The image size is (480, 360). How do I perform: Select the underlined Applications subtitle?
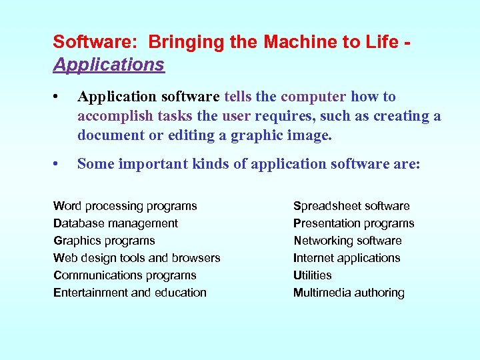109,65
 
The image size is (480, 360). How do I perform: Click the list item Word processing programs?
125,206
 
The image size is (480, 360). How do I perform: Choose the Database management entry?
115,223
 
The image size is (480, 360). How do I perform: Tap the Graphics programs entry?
104,241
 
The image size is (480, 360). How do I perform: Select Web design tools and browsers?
137,258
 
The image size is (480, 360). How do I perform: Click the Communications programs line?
125,275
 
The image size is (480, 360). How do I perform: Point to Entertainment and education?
130,293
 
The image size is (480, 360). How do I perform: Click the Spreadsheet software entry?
351,206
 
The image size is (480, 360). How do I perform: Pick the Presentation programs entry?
353,223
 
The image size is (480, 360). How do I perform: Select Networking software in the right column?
347,241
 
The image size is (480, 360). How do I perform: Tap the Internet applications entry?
347,258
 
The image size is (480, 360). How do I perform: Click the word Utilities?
312,275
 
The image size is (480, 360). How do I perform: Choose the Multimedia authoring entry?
349,293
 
